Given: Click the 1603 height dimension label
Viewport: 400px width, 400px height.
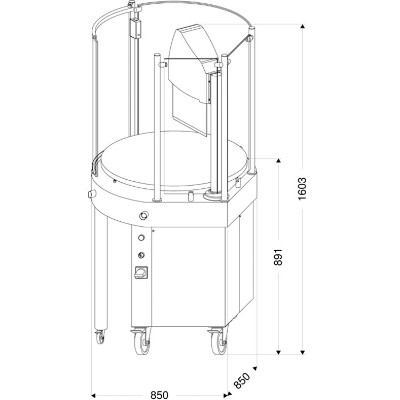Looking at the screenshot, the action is [x=302, y=189].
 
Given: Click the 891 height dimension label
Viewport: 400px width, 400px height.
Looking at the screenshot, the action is [x=278, y=257].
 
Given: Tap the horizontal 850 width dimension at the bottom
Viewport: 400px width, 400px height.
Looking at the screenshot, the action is [x=159, y=395].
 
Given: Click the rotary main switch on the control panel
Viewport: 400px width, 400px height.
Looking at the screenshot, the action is [x=141, y=273].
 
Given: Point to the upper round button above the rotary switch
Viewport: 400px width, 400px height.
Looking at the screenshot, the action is [x=141, y=238].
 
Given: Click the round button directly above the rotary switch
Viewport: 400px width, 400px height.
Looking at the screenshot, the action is [x=141, y=255].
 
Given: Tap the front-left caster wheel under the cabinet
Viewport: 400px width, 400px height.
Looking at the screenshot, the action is [x=142, y=342].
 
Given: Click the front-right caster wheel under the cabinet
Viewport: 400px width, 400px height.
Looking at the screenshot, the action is [x=219, y=342].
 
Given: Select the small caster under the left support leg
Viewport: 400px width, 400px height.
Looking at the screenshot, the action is [x=100, y=337].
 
